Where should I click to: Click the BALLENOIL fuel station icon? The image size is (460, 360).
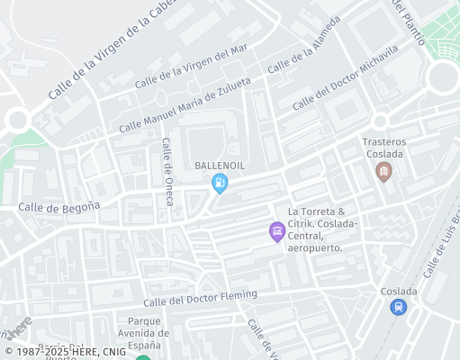click(219, 184)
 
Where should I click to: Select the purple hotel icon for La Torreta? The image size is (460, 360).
click(277, 232)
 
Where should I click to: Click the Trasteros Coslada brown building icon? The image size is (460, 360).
click(384, 170)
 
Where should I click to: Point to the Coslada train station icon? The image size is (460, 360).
click(399, 307)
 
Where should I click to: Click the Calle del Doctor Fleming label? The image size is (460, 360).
click(200, 298)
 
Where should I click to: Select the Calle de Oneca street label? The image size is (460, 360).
click(167, 172)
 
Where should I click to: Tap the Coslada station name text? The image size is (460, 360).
click(399, 291)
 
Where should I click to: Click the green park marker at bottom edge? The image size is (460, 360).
click(142, 357)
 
